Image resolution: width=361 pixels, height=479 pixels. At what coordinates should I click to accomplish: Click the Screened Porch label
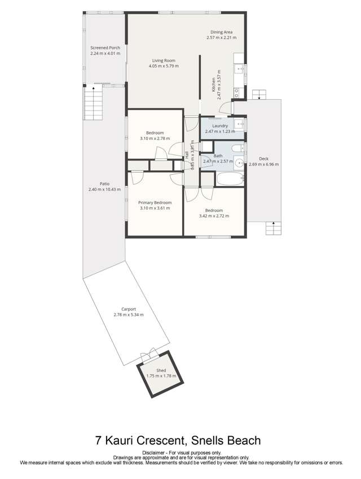point(105,48)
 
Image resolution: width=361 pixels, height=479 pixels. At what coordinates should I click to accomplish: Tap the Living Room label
point(164,60)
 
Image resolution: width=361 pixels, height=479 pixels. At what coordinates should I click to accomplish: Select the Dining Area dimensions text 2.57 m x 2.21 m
point(220,38)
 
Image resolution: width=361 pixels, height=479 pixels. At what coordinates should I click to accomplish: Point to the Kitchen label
point(214,85)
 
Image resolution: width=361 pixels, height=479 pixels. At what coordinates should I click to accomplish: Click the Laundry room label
point(220,126)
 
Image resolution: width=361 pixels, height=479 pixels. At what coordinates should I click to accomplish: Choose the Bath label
point(218,156)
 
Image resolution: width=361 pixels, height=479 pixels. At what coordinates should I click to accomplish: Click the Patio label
point(104,184)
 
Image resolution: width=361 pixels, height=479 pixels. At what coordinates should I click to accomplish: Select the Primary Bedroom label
point(155,202)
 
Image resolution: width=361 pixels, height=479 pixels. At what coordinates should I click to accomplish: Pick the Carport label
point(129,309)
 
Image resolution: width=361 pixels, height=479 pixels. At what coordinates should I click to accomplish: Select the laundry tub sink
point(239,123)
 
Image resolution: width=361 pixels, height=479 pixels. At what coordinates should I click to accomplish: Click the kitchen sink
point(239,70)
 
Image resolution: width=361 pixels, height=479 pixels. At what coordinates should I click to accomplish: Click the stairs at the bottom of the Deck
point(273,229)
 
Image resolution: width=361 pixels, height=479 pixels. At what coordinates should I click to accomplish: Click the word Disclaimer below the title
point(153,453)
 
